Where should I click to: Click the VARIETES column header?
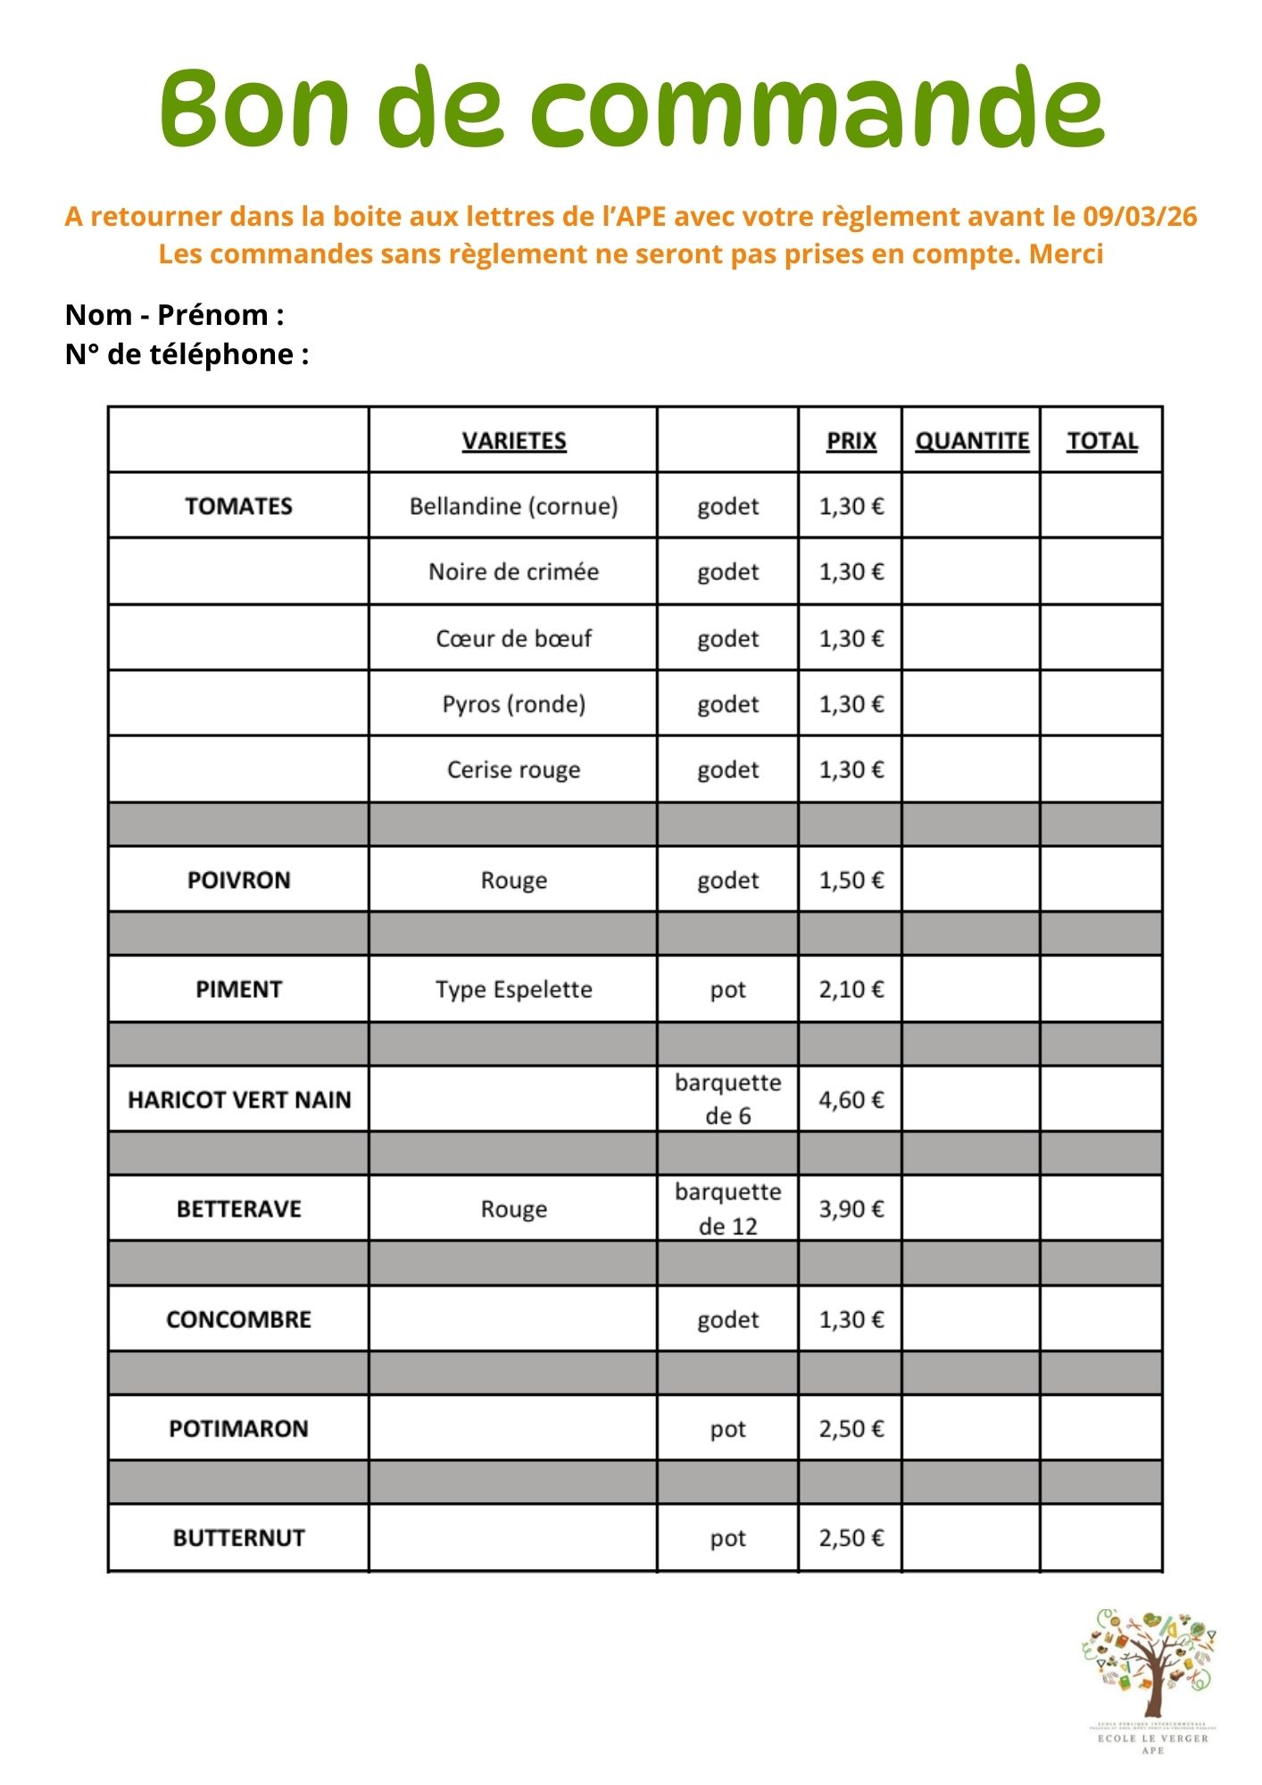click(x=514, y=441)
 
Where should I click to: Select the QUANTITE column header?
click(x=972, y=441)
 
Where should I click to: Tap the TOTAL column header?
click(x=1102, y=441)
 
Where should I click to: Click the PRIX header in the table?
click(x=851, y=441)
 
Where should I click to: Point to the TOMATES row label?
click(x=238, y=506)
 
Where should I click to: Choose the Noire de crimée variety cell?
click(x=513, y=571)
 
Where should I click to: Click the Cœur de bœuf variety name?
click(x=513, y=638)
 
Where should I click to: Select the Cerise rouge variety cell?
click(x=513, y=769)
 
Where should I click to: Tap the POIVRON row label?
click(x=238, y=880)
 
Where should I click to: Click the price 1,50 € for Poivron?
click(x=851, y=880)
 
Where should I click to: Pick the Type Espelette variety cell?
click(x=513, y=989)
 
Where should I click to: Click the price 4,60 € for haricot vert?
click(x=851, y=1100)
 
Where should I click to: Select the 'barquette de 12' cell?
click(x=727, y=1208)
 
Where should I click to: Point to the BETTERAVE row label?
click(x=238, y=1208)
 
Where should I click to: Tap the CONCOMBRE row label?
click(x=238, y=1319)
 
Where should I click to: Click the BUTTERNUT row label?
click(x=238, y=1538)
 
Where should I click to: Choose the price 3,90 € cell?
click(x=851, y=1208)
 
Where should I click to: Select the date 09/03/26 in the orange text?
click(x=1140, y=217)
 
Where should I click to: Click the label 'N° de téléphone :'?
click(x=187, y=354)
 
